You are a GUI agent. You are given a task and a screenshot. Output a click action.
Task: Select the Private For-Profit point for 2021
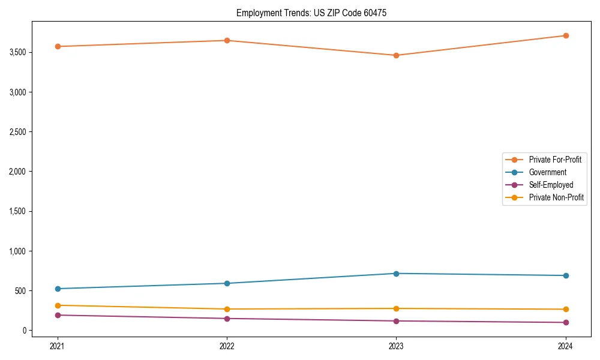[58, 46]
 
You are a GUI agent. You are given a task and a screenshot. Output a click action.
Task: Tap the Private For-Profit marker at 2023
[396, 55]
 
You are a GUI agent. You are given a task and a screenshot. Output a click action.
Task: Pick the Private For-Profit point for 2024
[565, 35]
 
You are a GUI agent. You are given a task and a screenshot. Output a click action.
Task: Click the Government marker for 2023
[396, 274]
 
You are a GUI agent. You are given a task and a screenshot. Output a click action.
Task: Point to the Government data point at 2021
[58, 289]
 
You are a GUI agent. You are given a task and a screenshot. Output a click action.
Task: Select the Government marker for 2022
[227, 283]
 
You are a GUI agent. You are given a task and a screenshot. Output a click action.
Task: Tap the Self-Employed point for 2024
[565, 322]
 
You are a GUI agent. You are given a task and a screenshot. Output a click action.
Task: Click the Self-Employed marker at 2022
[227, 319]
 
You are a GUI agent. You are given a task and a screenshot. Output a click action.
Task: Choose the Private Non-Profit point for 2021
[58, 305]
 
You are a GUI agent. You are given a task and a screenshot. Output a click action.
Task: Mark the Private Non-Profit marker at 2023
[396, 308]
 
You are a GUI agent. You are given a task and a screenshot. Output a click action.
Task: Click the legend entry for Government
[547, 172]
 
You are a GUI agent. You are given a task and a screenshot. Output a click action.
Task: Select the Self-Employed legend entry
[551, 185]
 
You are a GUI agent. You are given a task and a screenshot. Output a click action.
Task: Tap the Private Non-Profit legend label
[556, 197]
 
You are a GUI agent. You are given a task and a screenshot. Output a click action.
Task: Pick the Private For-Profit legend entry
[555, 160]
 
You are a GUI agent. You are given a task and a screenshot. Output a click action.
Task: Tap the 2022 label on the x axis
[227, 346]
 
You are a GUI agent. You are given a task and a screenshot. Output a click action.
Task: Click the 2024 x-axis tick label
[565, 346]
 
